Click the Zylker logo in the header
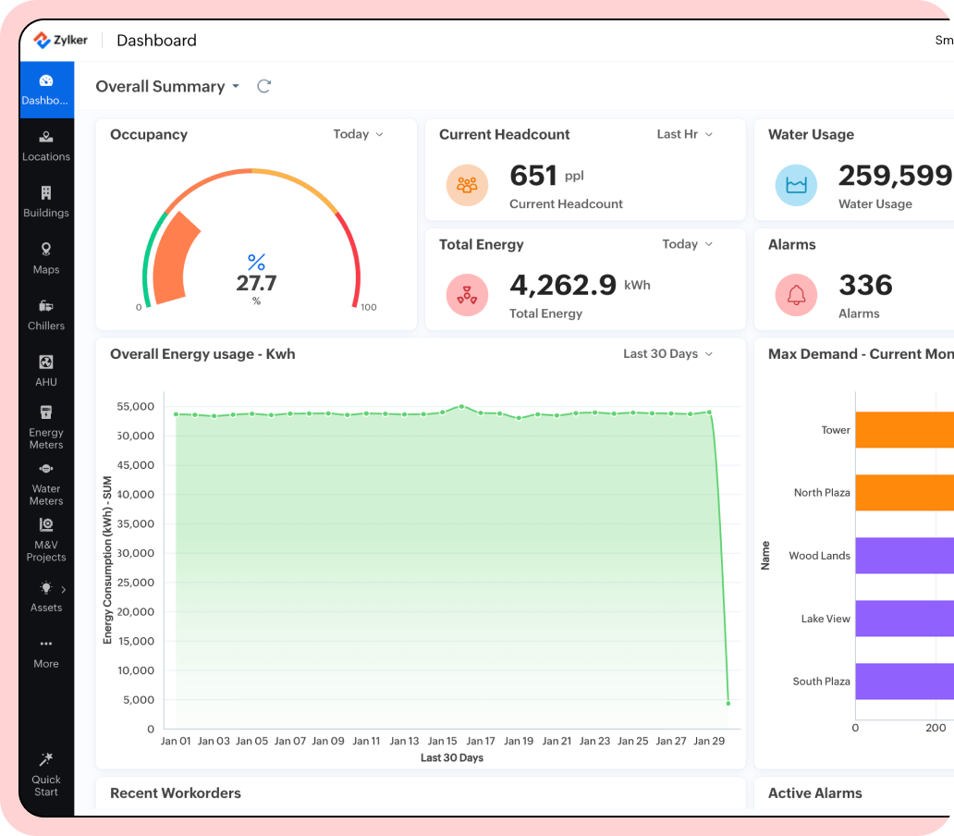(61, 40)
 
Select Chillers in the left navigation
(46, 314)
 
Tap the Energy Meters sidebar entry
(46, 426)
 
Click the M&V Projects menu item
(46, 539)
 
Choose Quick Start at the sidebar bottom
(46, 773)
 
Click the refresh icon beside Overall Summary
(263, 86)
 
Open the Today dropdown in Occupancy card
(358, 134)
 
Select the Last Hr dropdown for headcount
(684, 134)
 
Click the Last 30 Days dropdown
(667, 353)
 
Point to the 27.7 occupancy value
(256, 283)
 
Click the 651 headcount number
(533, 176)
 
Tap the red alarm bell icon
(796, 295)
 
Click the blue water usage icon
(796, 185)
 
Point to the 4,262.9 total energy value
(563, 285)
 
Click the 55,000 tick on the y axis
(136, 406)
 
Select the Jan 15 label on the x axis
(442, 741)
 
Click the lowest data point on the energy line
(728, 703)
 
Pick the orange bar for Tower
(904, 430)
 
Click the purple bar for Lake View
(904, 619)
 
